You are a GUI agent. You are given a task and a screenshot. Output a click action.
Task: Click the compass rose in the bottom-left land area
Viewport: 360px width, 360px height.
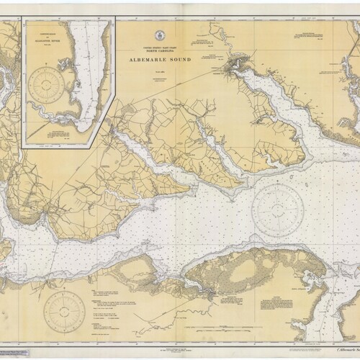click(x=64, y=310)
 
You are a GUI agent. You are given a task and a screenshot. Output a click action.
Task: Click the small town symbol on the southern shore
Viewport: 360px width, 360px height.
click(x=208, y=294)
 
